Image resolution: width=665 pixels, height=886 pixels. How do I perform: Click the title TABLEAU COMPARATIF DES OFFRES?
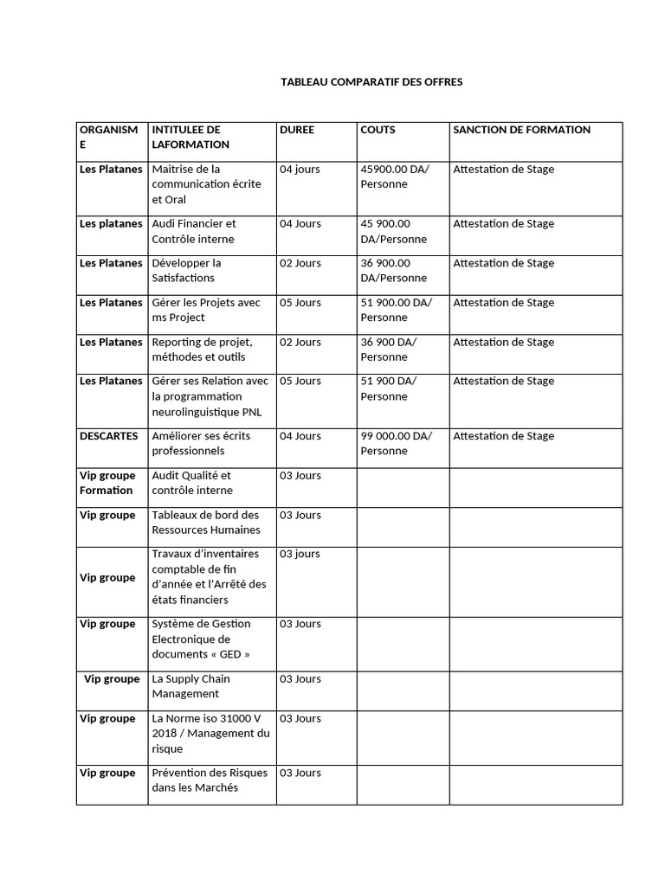tap(371, 82)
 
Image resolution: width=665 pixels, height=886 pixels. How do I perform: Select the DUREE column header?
tap(297, 130)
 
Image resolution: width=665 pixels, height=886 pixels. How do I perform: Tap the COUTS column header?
tap(378, 130)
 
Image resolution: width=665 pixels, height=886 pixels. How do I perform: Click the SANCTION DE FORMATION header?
tap(521, 130)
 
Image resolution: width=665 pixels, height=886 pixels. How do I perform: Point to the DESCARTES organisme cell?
tap(108, 436)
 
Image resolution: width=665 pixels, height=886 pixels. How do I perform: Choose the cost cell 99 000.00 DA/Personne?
tap(396, 443)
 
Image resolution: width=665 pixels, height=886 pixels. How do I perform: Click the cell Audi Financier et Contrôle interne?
tap(194, 231)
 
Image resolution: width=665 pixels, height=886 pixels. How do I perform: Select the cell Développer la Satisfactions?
tap(186, 270)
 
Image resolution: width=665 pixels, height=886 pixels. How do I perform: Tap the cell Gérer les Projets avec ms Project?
tap(206, 310)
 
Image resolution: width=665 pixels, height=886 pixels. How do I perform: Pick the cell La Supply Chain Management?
tap(190, 686)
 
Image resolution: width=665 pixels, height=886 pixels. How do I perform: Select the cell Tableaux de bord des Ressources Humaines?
tap(205, 522)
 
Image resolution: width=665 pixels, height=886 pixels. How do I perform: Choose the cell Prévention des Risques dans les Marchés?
tap(210, 780)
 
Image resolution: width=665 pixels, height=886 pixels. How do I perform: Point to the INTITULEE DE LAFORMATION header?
tap(190, 137)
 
